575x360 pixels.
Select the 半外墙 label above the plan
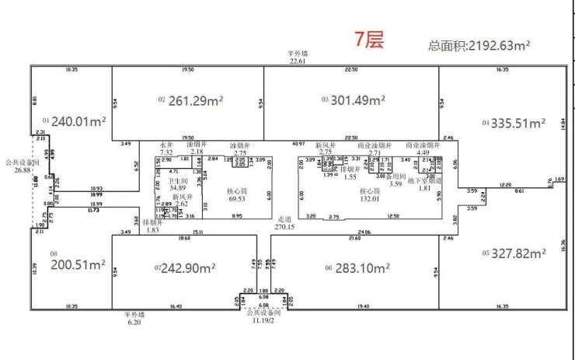click(x=298, y=53)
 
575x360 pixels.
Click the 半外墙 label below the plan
click(x=134, y=315)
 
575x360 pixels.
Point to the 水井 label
click(x=166, y=145)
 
